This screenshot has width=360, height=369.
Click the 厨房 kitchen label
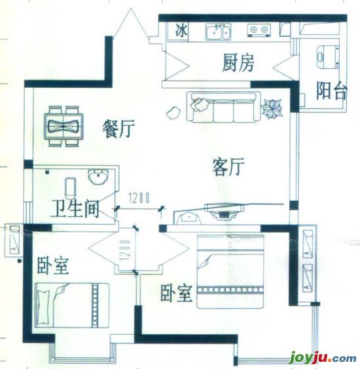(x=238, y=63)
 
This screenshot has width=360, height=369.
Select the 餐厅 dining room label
(x=118, y=128)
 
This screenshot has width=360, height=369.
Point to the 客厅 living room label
(x=228, y=167)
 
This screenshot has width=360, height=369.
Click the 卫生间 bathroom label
(x=75, y=209)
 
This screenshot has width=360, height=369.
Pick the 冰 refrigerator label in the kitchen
(x=181, y=31)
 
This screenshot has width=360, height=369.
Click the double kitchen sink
(x=219, y=32)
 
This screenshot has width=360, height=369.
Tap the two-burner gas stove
(x=259, y=30)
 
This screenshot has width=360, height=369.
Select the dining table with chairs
(x=63, y=126)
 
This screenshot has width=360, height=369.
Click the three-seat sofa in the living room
(x=223, y=107)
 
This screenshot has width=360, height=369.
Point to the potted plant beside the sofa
(x=272, y=109)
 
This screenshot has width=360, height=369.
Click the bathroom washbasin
(x=98, y=176)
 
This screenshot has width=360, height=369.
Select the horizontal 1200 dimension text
(x=139, y=198)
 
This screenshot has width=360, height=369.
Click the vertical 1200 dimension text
(x=125, y=250)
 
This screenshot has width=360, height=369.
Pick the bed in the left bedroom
(x=72, y=305)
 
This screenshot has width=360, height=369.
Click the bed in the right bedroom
(x=230, y=271)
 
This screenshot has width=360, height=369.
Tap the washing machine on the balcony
(x=327, y=57)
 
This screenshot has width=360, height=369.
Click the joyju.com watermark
(x=323, y=358)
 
